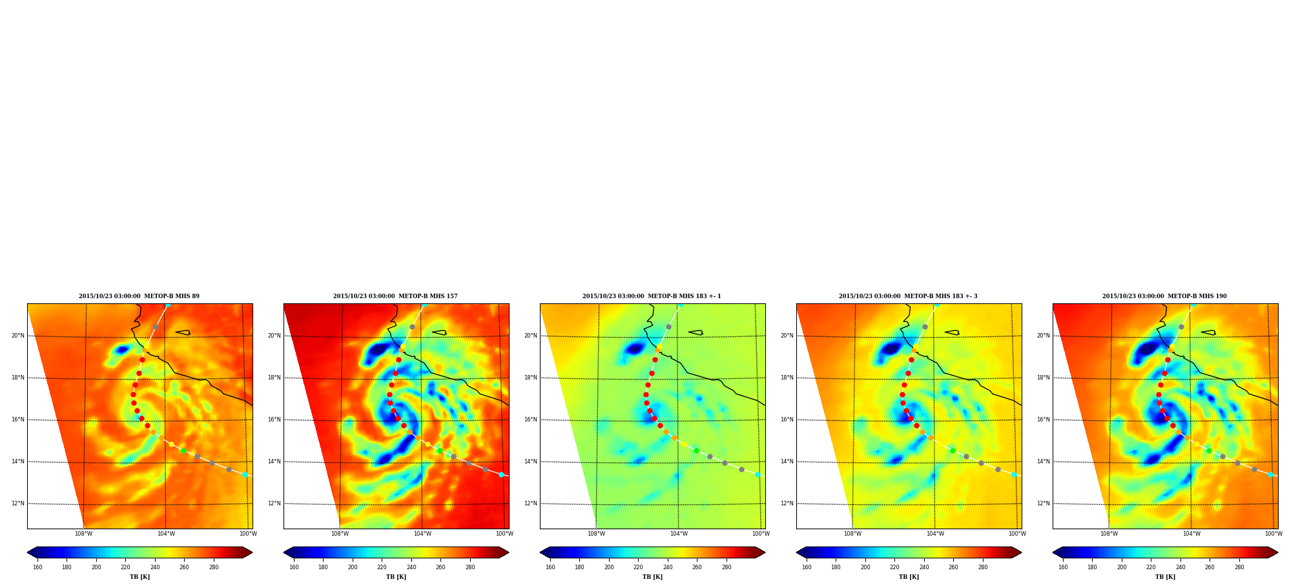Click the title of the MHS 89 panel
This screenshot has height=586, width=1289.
pyautogui.click(x=139, y=296)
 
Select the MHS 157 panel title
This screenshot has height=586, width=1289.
pyautogui.click(x=395, y=296)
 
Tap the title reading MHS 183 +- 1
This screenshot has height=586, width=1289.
pyautogui.click(x=652, y=296)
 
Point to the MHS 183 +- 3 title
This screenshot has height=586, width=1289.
pyautogui.click(x=908, y=296)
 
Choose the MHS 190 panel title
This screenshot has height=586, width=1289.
pyautogui.click(x=1164, y=296)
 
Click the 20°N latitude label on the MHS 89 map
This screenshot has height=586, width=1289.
pyautogui.click(x=18, y=336)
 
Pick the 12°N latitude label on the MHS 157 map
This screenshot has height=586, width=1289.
pyautogui.click(x=274, y=503)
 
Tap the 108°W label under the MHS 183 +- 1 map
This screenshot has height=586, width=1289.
pyautogui.click(x=596, y=534)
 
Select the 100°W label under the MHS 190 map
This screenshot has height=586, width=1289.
pyautogui.click(x=1274, y=534)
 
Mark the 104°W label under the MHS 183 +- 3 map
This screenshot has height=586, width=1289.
pyautogui.click(x=935, y=534)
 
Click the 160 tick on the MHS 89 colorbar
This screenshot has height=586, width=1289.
pyautogui.click(x=37, y=567)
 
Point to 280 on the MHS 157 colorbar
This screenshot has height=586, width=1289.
pyautogui.click(x=470, y=567)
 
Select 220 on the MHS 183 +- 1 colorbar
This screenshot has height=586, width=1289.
pyautogui.click(x=638, y=567)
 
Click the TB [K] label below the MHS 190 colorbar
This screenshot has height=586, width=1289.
pyautogui.click(x=1165, y=577)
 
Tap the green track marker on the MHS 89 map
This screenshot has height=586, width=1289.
pyautogui.click(x=183, y=450)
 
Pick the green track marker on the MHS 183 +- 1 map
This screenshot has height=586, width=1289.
pyautogui.click(x=696, y=450)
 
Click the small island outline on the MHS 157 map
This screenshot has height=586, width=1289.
pyautogui.click(x=439, y=333)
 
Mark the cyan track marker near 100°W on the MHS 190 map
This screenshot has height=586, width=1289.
pyautogui.click(x=1270, y=474)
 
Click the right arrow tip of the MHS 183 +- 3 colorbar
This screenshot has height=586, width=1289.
pyautogui.click(x=1021, y=552)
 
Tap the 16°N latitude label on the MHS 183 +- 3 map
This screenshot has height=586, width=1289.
pyautogui.click(x=787, y=419)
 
